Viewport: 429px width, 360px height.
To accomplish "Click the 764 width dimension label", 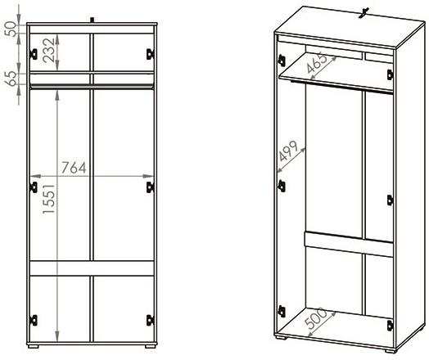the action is [x=74, y=168].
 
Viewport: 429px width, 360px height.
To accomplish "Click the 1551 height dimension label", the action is [x=49, y=199].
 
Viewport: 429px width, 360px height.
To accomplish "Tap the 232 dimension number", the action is [x=49, y=50].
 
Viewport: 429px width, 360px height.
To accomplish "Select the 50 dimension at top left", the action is [x=11, y=29].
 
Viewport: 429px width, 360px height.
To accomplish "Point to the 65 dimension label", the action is [x=11, y=79].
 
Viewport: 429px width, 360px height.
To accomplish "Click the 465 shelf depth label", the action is [x=317, y=63].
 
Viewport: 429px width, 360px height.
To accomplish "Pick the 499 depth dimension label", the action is [x=288, y=151].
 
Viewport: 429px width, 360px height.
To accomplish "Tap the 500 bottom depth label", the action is [x=316, y=318].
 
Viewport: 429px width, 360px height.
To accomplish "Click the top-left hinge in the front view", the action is [x=34, y=54].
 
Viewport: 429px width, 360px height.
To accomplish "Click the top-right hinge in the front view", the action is [x=150, y=54].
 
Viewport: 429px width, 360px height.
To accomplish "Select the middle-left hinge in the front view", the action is [x=34, y=187].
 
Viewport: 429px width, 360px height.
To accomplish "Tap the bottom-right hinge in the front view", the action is [x=150, y=321].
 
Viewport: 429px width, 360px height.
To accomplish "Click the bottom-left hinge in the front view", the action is [x=34, y=321].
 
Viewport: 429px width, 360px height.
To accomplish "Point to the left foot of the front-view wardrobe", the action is [x=33, y=346].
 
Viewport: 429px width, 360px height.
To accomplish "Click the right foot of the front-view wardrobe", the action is [x=150, y=346].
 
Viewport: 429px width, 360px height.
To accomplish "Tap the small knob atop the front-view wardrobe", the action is [x=93, y=20].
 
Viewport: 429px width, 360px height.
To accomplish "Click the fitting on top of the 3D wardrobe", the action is [x=364, y=13].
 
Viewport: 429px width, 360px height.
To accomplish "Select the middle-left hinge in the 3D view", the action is [x=282, y=187].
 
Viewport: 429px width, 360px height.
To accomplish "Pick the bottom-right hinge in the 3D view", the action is [x=391, y=326].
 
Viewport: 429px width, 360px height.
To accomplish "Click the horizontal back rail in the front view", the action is [x=92, y=268].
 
